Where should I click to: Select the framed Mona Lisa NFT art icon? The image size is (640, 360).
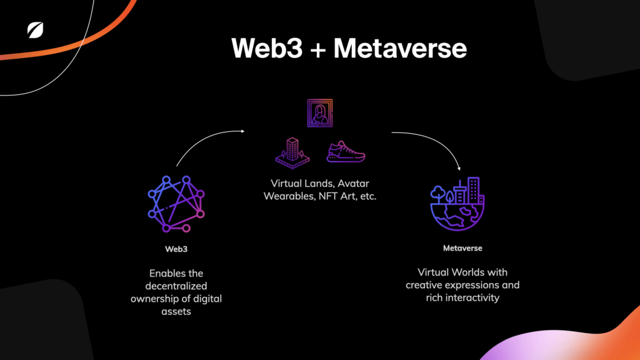[x=319, y=112]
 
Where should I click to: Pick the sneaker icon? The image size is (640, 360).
[x=346, y=151]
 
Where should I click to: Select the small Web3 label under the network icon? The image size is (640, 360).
[x=176, y=249]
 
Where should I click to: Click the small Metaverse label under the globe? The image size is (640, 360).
[x=462, y=248]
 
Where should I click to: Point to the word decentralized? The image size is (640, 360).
[x=176, y=286]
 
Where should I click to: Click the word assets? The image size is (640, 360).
[x=176, y=311]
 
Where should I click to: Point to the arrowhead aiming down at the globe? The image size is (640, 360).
[x=459, y=167]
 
